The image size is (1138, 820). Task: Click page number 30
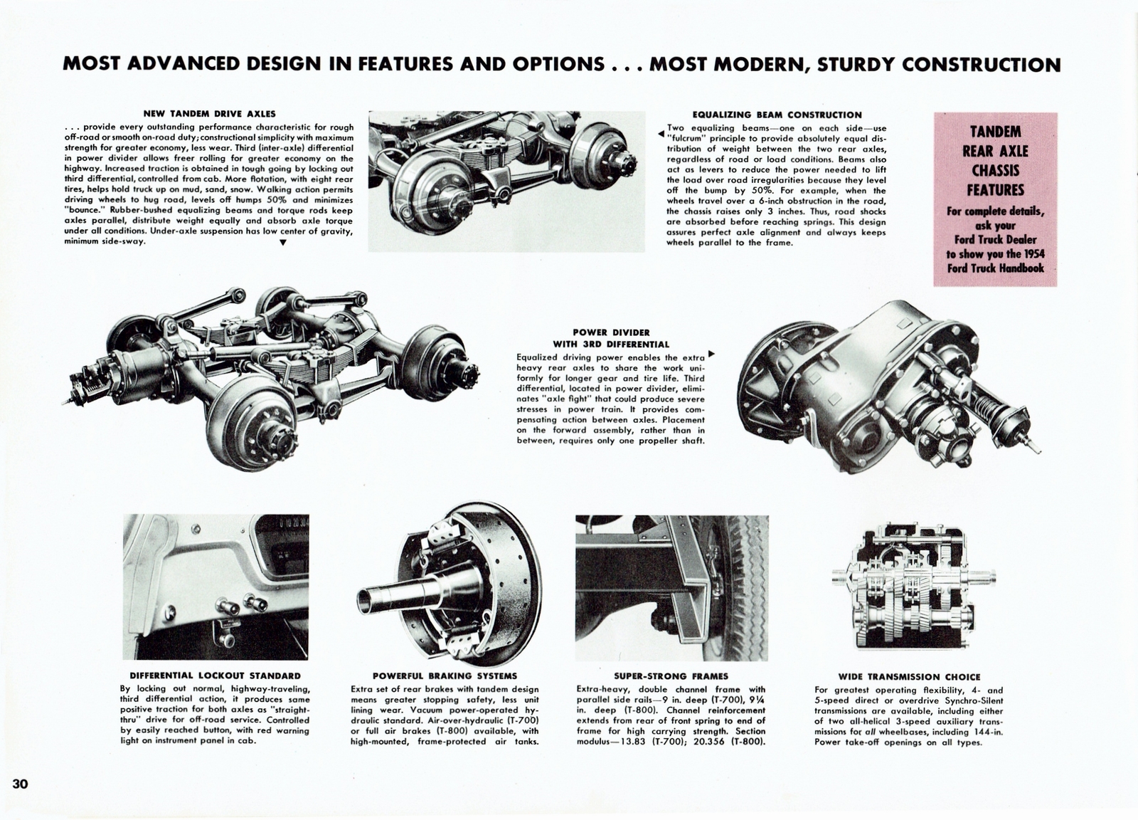pos(19,784)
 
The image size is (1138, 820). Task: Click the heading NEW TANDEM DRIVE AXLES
pos(209,113)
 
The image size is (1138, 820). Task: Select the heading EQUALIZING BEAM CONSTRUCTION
pos(777,114)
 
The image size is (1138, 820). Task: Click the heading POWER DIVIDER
pos(611,332)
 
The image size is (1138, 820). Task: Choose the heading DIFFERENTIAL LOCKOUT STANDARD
pos(215,676)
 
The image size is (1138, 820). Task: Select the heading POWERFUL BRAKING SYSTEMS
pos(445,676)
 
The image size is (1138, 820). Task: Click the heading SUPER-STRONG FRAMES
pos(671,676)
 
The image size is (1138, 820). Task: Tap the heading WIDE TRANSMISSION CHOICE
pos(908,677)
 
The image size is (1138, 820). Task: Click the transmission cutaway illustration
pos(909,592)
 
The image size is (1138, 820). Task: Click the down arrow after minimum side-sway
pos(283,243)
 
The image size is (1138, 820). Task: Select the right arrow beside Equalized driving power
pos(712,354)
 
